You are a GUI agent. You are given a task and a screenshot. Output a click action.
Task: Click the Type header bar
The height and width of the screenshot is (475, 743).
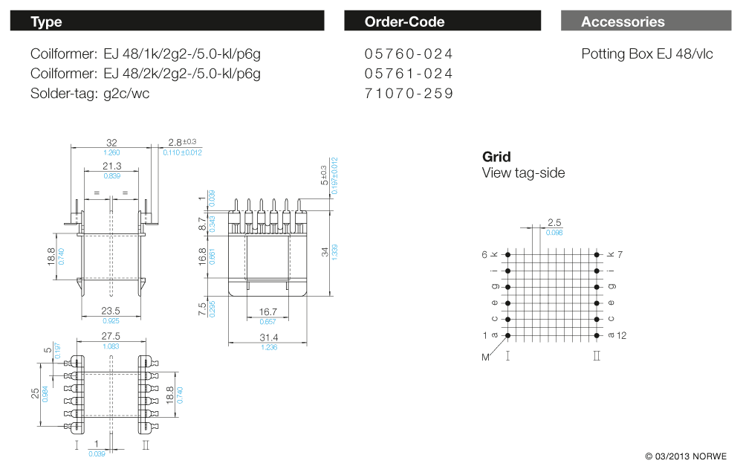(166, 21)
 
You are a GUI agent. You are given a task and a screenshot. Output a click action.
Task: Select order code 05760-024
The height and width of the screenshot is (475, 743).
(409, 54)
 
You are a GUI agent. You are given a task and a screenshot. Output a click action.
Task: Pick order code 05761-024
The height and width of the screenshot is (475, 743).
(409, 74)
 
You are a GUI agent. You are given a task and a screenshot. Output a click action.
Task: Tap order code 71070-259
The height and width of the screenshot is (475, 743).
(409, 94)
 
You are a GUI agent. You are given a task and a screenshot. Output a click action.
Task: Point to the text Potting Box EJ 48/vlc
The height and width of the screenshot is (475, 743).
(647, 54)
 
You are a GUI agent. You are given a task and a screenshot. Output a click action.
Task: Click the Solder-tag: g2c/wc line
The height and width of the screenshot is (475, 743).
(90, 94)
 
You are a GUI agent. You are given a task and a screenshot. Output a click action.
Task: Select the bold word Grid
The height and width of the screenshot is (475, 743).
(496, 157)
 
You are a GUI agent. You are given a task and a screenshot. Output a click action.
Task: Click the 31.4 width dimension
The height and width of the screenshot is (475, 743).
(269, 338)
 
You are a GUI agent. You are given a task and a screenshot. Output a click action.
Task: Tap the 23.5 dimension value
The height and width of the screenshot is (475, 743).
(111, 311)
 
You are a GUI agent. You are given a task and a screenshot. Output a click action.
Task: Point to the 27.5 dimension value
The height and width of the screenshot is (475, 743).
(111, 337)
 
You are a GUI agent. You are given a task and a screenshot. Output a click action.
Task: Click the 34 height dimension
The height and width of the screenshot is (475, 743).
(325, 252)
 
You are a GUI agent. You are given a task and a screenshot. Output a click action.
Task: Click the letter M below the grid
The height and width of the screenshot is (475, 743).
(487, 357)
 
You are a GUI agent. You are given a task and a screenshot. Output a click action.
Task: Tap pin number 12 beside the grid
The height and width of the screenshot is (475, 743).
(621, 335)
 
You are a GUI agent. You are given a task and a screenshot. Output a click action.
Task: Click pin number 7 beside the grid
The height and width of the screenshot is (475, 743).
(620, 254)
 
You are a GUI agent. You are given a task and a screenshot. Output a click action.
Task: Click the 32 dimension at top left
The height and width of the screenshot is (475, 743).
(111, 142)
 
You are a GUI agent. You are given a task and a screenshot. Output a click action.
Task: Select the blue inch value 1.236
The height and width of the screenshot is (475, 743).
(269, 347)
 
